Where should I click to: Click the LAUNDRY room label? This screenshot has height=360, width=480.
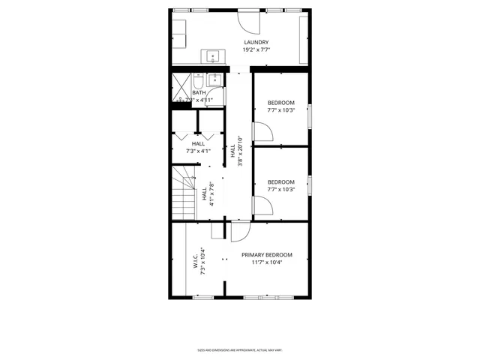pyautogui.click(x=256, y=42)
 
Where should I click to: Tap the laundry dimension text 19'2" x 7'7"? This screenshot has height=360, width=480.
pyautogui.click(x=256, y=49)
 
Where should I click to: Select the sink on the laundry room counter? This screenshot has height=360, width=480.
pyautogui.click(x=212, y=55)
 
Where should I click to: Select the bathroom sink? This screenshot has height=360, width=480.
pyautogui.click(x=215, y=77)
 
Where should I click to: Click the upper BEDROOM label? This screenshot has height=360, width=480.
pyautogui.click(x=280, y=103)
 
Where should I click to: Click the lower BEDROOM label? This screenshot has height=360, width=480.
pyautogui.click(x=280, y=181)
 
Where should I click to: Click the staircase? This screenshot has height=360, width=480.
pyautogui.click(x=184, y=193)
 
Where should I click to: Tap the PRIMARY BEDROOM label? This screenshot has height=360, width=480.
pyautogui.click(x=266, y=255)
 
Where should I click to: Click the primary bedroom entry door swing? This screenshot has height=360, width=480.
pyautogui.click(x=241, y=232)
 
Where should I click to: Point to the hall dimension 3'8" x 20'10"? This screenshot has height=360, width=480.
pyautogui.click(x=239, y=150)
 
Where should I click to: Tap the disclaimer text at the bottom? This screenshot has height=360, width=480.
pyautogui.click(x=239, y=350)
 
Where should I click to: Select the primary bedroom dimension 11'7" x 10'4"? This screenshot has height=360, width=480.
pyautogui.click(x=266, y=262)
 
